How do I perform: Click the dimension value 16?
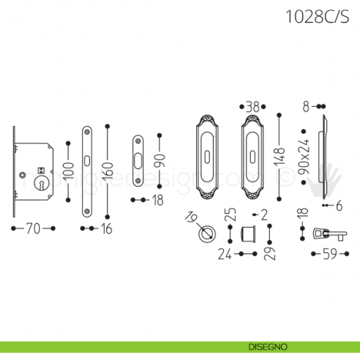(106, 229)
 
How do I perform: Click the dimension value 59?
(329, 255)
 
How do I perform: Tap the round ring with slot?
(208, 235)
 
